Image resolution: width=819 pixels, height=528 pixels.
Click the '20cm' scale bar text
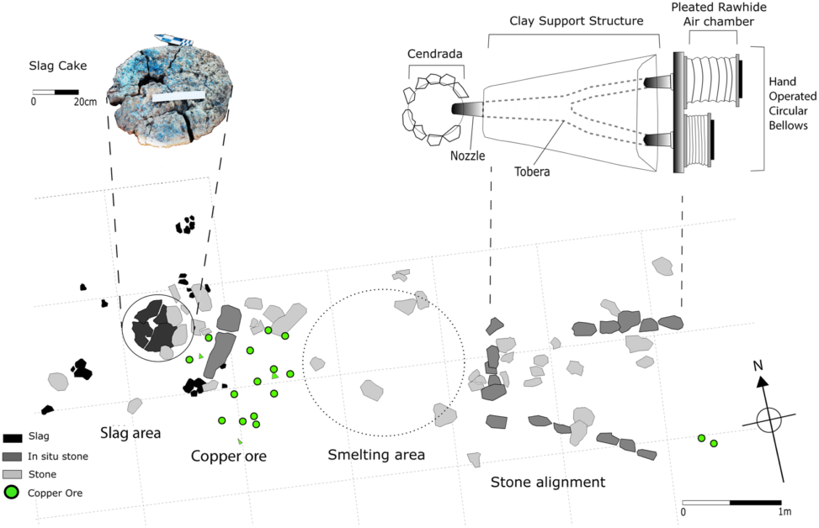84,102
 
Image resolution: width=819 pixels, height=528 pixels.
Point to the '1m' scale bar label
784,512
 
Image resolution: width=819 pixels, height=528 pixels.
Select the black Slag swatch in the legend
13,438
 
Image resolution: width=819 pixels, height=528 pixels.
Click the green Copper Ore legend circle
13,492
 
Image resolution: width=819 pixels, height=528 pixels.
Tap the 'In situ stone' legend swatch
13,457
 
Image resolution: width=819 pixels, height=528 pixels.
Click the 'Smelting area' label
375,455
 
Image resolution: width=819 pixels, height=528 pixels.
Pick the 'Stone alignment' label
548,483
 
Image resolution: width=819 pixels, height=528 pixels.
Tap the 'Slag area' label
130,433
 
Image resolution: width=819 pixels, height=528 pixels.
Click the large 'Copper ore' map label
229,457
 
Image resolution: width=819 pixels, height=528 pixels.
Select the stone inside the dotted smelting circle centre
371,391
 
